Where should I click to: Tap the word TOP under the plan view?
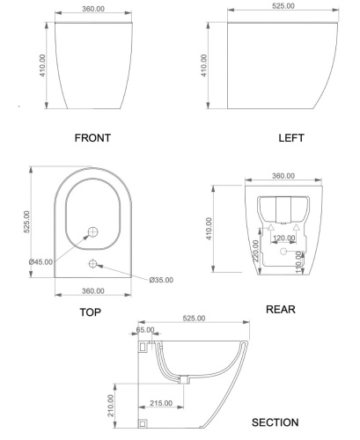[90, 312]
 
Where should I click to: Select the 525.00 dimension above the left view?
[283, 5]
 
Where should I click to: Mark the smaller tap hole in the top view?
[92, 264]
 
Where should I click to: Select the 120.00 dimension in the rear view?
[283, 238]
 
